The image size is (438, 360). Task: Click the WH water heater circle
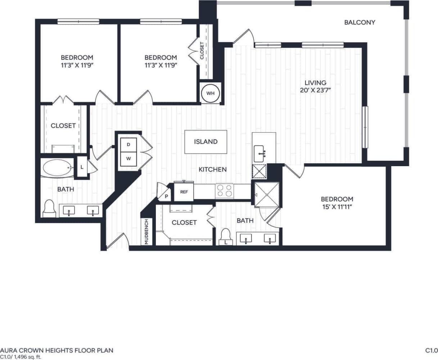210,93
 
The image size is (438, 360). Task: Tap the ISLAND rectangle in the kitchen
206,142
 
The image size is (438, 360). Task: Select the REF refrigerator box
184,192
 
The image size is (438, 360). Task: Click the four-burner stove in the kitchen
224,191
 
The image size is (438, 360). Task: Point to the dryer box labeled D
128,145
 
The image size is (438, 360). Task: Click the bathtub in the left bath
57,168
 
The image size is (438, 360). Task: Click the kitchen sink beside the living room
261,154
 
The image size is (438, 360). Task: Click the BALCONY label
360,22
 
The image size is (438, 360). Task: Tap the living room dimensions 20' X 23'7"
315,90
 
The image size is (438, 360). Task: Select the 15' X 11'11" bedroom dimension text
337,207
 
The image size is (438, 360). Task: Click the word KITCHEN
213,169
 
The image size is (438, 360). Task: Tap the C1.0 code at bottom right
431,350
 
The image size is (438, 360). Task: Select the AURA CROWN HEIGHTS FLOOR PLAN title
57,350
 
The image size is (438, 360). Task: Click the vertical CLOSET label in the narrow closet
202,51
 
